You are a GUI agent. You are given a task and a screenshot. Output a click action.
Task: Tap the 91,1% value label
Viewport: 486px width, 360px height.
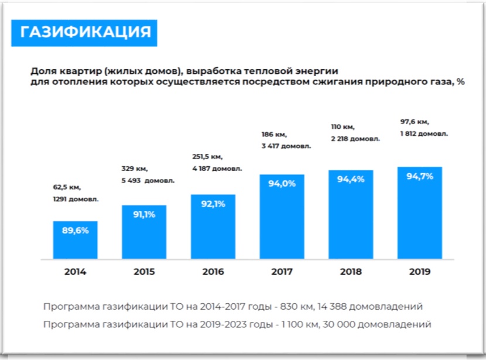tap(143, 214)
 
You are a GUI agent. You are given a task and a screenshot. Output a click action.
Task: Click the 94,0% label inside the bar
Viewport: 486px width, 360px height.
tap(282, 183)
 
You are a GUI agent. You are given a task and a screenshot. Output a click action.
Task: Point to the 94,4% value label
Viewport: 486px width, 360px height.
tap(351, 179)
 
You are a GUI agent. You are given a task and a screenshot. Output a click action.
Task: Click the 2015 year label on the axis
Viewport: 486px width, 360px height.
tap(144, 272)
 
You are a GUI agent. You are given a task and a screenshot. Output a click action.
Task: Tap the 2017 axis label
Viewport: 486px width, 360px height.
tap(282, 272)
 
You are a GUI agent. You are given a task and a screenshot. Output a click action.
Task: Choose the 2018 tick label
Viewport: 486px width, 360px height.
tap(351, 272)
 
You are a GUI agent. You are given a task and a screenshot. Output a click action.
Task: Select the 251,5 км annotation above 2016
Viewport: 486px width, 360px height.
tap(207, 157)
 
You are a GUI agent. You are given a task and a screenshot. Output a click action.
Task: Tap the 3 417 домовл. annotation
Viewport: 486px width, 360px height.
tap(286, 146)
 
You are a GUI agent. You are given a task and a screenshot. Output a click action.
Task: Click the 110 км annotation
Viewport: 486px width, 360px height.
tap(343, 127)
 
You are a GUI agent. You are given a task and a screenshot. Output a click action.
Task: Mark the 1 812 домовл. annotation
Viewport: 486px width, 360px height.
tap(424, 133)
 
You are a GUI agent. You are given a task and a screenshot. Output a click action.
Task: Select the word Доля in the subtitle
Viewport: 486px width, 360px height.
tap(44, 71)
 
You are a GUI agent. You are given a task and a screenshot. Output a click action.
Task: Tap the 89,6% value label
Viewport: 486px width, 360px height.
tap(75, 231)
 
